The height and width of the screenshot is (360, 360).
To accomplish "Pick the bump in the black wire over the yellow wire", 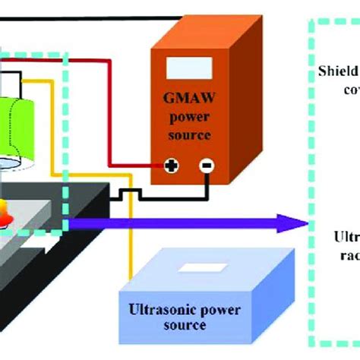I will point(131,195).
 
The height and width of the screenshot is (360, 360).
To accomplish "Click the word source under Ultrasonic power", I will point(187,326).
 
